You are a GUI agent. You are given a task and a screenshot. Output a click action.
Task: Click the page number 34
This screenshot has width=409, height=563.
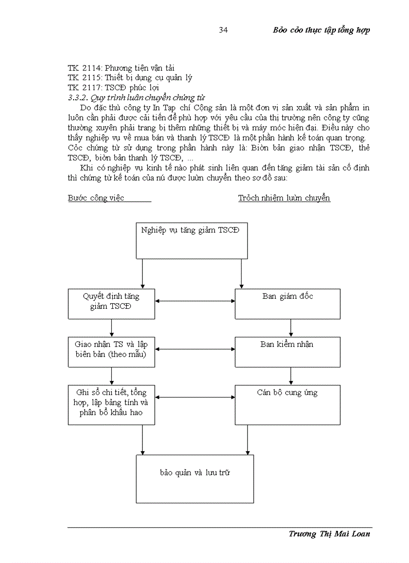pyautogui.click(x=224, y=31)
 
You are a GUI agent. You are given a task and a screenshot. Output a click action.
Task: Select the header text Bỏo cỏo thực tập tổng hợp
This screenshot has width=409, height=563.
pyautogui.click(x=321, y=30)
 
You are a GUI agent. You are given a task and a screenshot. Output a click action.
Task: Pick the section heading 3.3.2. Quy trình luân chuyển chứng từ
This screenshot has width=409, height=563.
pyautogui.click(x=136, y=98)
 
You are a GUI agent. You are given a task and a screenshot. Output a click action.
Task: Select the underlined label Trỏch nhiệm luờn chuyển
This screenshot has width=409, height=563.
pyautogui.click(x=284, y=198)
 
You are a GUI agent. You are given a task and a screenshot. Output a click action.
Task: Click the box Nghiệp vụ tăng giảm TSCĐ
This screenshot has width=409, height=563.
pyautogui.click(x=191, y=241)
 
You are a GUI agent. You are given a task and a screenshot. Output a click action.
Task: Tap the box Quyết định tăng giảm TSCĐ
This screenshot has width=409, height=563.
pyautogui.click(x=111, y=304)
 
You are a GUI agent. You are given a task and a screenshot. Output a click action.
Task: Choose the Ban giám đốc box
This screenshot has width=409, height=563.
pyautogui.click(x=288, y=304)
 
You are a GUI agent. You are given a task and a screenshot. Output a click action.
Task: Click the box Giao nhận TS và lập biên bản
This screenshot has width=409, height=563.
pyautogui.click(x=111, y=351)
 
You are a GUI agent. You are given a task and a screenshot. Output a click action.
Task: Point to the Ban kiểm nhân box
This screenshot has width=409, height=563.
pyautogui.click(x=288, y=351)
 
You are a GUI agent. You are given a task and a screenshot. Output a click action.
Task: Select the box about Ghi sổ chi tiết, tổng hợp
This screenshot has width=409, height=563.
pyautogui.click(x=111, y=405)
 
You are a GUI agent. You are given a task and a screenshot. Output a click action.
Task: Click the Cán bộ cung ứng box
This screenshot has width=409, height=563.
pyautogui.click(x=288, y=405)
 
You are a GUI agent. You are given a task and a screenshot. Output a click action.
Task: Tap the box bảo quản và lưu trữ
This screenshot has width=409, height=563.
pyautogui.click(x=194, y=478)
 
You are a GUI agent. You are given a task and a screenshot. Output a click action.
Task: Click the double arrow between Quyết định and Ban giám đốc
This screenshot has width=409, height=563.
pyautogui.click(x=195, y=301)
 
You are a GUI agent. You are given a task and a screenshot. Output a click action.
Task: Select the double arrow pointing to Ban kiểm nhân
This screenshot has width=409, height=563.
pyautogui.click(x=195, y=349)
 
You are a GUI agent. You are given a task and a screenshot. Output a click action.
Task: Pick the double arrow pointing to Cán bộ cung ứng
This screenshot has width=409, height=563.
pyautogui.click(x=195, y=398)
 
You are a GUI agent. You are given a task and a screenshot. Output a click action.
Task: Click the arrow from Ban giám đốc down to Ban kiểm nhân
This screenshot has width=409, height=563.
pyautogui.click(x=291, y=328)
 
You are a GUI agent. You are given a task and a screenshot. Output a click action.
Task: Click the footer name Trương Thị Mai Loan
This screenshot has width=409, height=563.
pyautogui.click(x=329, y=534)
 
